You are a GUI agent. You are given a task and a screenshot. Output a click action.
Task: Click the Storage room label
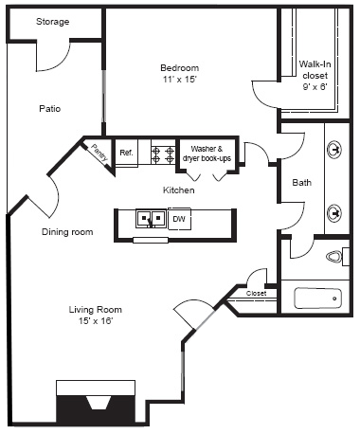click(x=52, y=22)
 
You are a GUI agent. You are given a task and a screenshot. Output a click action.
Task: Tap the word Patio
click(x=50, y=109)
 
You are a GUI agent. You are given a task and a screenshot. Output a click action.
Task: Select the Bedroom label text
click(x=179, y=67)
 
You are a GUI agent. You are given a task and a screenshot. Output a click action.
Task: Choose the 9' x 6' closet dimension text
click(x=314, y=87)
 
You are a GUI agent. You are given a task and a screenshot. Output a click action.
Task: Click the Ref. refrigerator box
click(x=126, y=152)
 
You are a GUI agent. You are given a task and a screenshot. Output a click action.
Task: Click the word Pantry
click(x=99, y=154)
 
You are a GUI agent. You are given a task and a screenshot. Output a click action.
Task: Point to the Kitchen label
click(x=178, y=190)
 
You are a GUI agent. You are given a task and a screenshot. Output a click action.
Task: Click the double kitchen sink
click(x=151, y=219)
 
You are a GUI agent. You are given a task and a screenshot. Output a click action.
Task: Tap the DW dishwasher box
click(x=178, y=220)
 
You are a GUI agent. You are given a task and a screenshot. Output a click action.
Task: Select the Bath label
click(x=302, y=183)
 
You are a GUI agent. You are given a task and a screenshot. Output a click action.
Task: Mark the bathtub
click(x=316, y=298)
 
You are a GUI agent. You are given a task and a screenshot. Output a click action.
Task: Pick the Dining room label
click(x=66, y=231)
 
